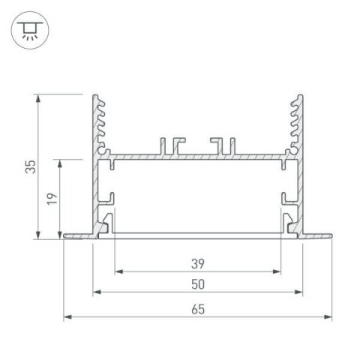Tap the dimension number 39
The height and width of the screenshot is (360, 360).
coord(198,263)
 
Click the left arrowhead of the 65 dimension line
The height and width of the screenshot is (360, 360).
coord(66,317)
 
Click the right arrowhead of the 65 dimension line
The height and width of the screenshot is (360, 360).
coord(329,317)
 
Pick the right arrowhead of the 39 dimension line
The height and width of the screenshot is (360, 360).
coord(278,272)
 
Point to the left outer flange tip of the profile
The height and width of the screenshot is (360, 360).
coord(67,235)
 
